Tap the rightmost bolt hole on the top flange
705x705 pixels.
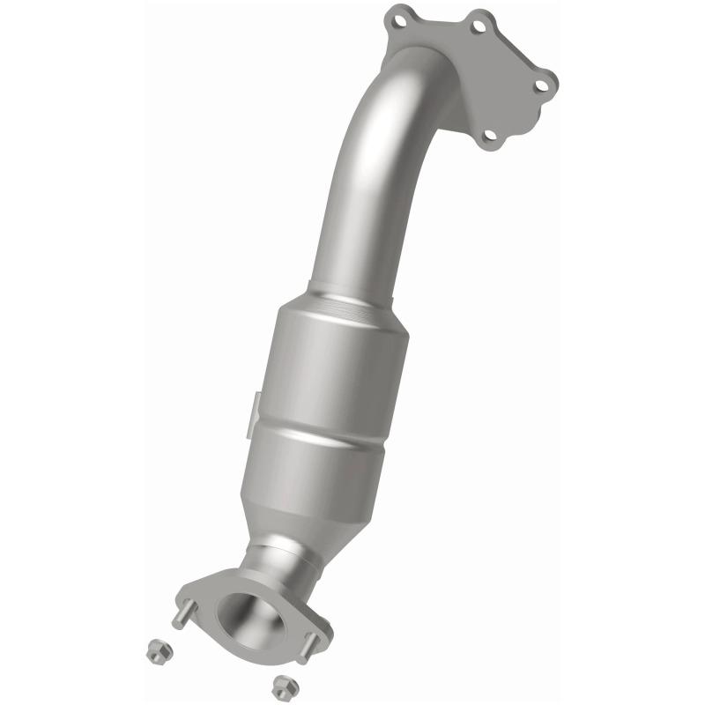point(542,83)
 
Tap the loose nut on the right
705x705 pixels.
point(282,684)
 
